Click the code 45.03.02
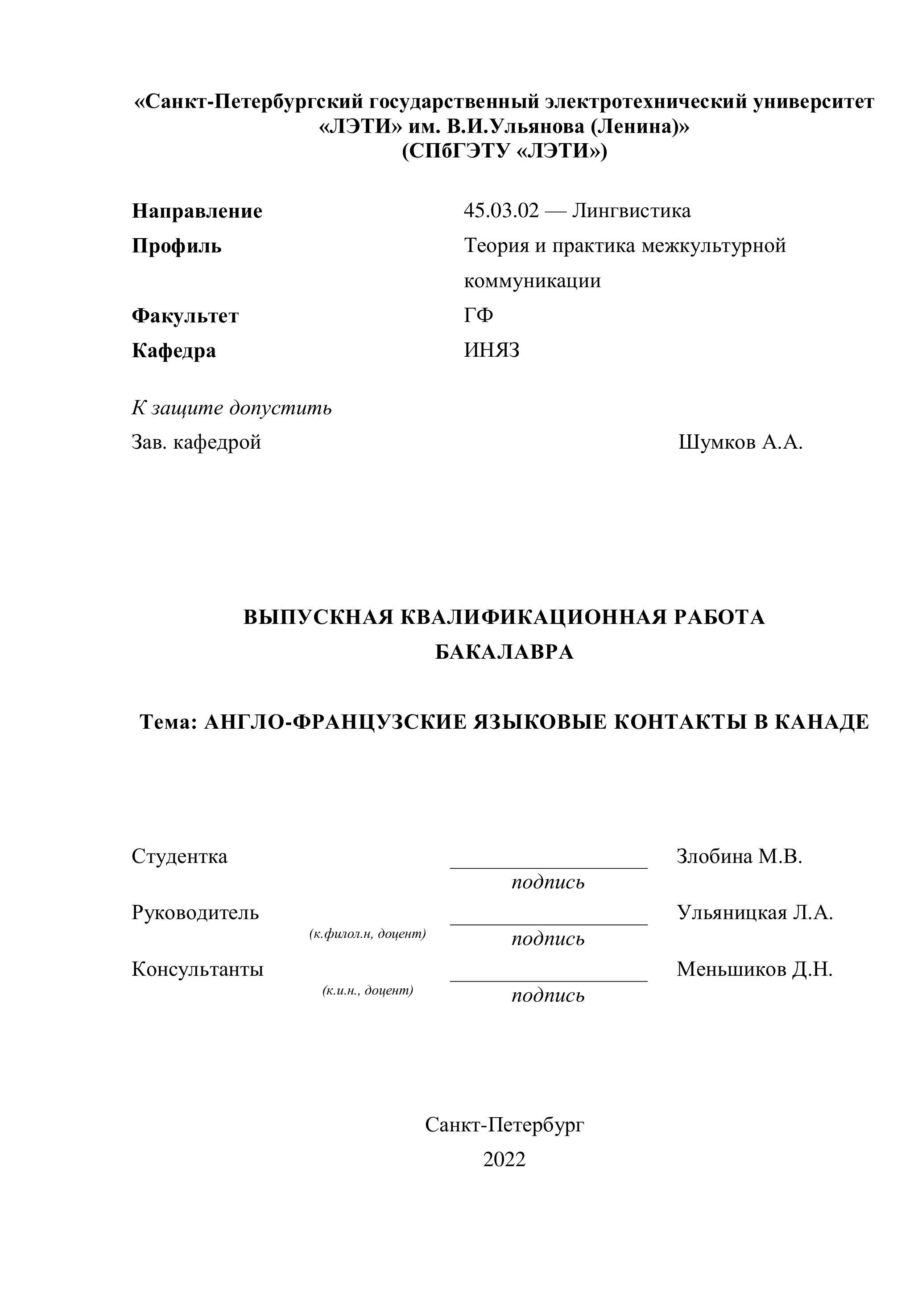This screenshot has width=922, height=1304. click(500, 210)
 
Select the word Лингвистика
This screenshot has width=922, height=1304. click(631, 210)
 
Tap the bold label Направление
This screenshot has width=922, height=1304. click(197, 211)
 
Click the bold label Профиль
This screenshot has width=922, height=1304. click(177, 246)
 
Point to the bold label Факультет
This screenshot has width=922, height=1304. click(185, 316)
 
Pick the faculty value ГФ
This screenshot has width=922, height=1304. click(478, 315)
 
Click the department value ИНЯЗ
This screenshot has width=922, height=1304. click(492, 351)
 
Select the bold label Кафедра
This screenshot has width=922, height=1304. click(174, 351)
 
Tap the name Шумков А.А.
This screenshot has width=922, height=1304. click(740, 442)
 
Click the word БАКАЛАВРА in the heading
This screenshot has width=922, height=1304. click(504, 652)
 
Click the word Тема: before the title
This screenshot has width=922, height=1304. click(168, 722)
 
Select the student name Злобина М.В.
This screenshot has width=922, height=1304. click(739, 856)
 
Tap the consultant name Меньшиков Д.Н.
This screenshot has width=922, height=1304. click(754, 970)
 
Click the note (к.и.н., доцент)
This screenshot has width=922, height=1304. click(368, 990)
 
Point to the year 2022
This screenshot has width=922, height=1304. click(504, 1159)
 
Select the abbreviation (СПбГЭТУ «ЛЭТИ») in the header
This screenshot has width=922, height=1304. click(504, 152)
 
